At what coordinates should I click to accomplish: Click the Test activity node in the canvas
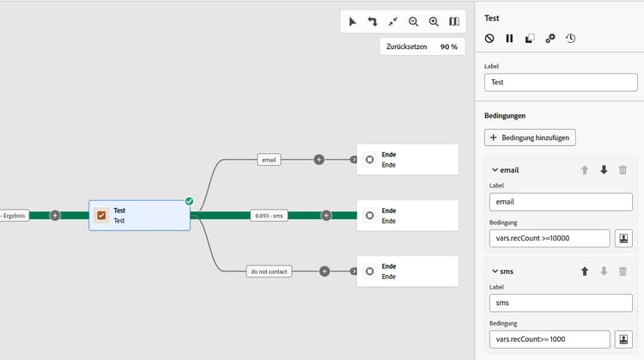(x=138, y=215)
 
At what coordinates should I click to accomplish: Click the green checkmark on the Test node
(x=189, y=201)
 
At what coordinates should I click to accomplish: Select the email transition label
(x=269, y=159)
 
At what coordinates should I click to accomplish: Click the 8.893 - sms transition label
(x=268, y=215)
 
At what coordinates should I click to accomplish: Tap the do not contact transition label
(x=270, y=272)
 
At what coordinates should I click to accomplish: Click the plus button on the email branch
(x=319, y=159)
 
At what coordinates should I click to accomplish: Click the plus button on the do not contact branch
(x=325, y=272)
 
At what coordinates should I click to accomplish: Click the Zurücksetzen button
(x=407, y=46)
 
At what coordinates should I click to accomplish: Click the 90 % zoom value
(x=449, y=46)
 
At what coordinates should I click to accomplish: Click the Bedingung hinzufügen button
(x=530, y=137)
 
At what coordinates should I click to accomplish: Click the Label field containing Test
(x=561, y=82)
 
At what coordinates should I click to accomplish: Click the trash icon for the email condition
(x=623, y=170)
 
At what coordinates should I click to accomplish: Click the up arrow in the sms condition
(x=585, y=272)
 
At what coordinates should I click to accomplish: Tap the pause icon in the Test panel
(x=509, y=39)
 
